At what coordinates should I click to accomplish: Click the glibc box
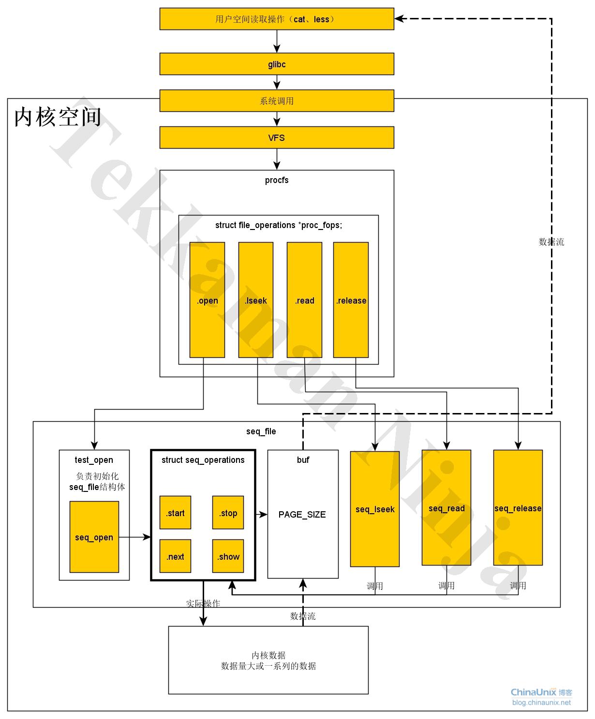pyautogui.click(x=277, y=64)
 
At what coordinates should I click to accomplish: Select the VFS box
pyautogui.click(x=277, y=138)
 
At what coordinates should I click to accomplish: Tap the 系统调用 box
pyautogui.click(x=277, y=101)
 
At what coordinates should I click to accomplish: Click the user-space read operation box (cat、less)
pyautogui.click(x=277, y=19)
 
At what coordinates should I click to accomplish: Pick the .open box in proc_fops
pyautogui.click(x=207, y=300)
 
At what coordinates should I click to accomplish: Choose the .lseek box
pyautogui.click(x=256, y=300)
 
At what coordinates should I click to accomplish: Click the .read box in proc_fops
pyautogui.click(x=304, y=300)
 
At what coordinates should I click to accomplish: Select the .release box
pyautogui.click(x=351, y=300)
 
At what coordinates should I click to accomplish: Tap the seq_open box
pyautogui.click(x=94, y=537)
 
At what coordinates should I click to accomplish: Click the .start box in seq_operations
pyautogui.click(x=175, y=513)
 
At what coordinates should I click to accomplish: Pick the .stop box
pyautogui.click(x=228, y=513)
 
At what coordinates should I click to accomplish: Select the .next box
pyautogui.click(x=175, y=556)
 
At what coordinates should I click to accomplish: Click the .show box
pyautogui.click(x=228, y=556)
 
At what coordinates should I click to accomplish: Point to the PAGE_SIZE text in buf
pyautogui.click(x=302, y=514)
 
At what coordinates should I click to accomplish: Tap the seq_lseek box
pyautogui.click(x=375, y=509)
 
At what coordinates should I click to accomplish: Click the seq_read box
pyautogui.click(x=446, y=508)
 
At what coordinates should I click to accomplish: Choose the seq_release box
pyautogui.click(x=518, y=508)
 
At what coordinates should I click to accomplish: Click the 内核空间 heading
pyautogui.click(x=58, y=117)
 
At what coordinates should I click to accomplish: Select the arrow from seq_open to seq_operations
pyautogui.click(x=135, y=537)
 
